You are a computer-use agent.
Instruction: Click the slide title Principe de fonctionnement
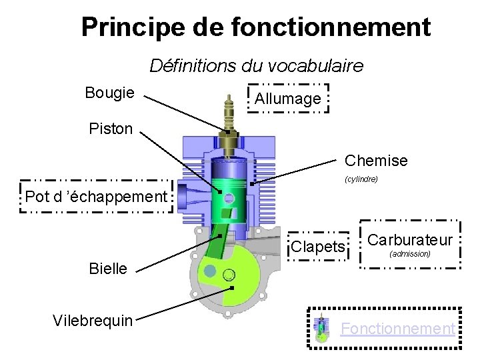[256, 27]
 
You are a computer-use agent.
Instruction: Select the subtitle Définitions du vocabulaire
[256, 65]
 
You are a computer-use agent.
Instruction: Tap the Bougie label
[109, 93]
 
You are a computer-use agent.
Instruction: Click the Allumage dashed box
[287, 99]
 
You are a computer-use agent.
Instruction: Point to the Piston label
[111, 128]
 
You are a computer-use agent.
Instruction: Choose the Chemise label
[376, 161]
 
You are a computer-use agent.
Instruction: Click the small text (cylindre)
[361, 179]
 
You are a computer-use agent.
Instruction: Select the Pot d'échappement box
[96, 197]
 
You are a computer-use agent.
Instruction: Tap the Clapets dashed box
[318, 247]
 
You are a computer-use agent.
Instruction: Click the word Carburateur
[410, 240]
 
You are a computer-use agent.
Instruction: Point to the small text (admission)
[409, 254]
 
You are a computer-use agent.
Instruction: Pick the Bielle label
[107, 269]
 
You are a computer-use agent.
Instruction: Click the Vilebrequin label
[92, 320]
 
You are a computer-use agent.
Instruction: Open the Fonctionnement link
[398, 328]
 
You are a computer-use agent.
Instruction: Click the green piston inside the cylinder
[231, 193]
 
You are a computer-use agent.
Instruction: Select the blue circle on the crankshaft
[210, 271]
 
